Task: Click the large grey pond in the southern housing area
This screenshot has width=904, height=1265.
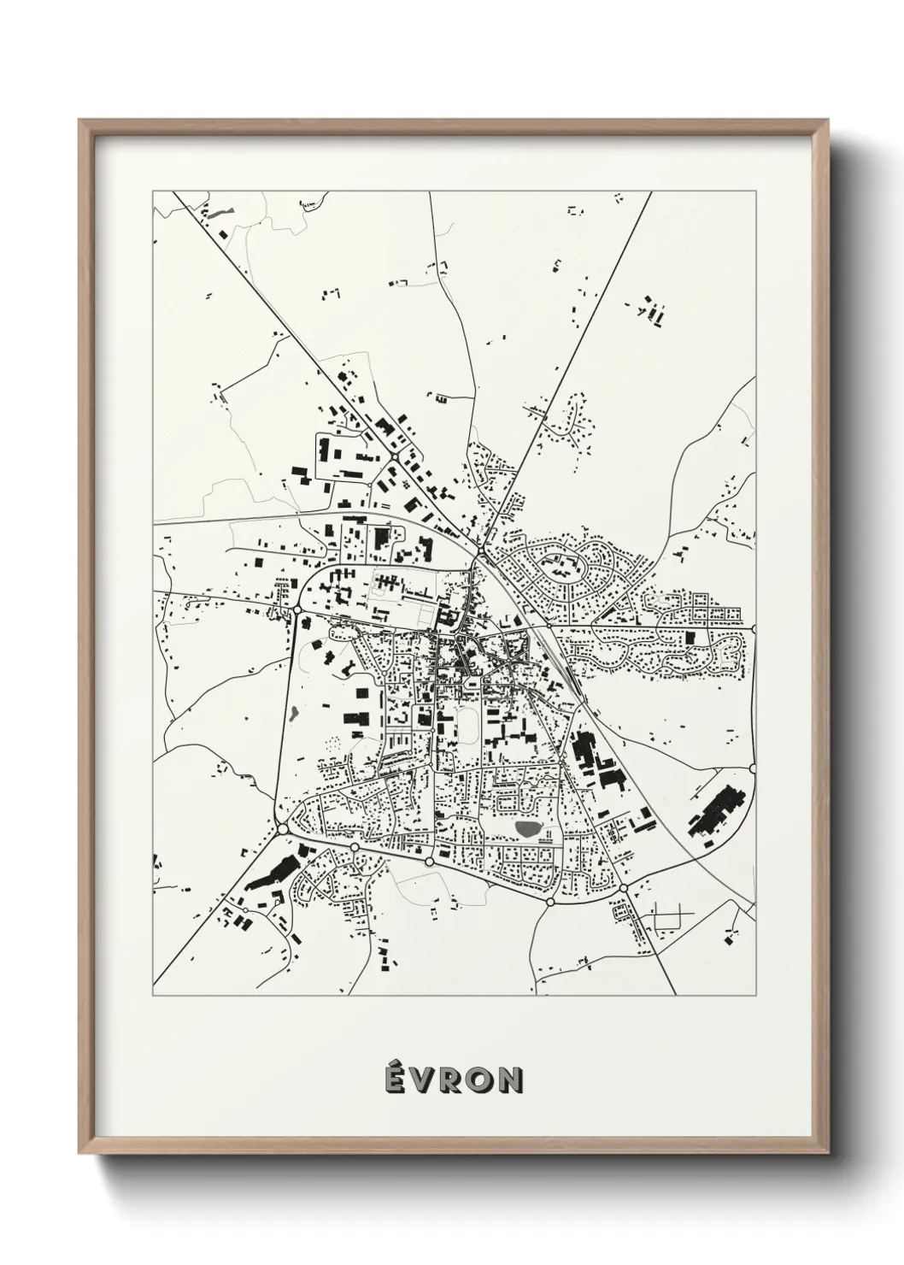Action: [x=527, y=828]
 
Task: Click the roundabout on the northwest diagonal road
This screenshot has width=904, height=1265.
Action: [x=393, y=458]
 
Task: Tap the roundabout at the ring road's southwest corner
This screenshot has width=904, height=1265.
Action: [x=282, y=829]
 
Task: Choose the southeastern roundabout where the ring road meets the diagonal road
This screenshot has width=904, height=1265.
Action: [x=623, y=889]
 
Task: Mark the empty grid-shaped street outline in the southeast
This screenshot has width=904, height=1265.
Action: [x=670, y=920]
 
